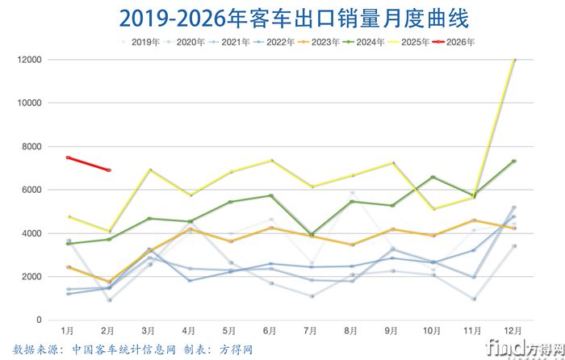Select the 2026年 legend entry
(458, 40)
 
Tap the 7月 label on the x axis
(311, 331)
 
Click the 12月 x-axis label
(513, 331)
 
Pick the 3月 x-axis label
(149, 331)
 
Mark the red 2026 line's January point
(69, 157)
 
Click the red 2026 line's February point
(109, 170)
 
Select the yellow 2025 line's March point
(149, 170)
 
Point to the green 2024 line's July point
(311, 234)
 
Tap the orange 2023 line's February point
(109, 282)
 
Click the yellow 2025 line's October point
(433, 209)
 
